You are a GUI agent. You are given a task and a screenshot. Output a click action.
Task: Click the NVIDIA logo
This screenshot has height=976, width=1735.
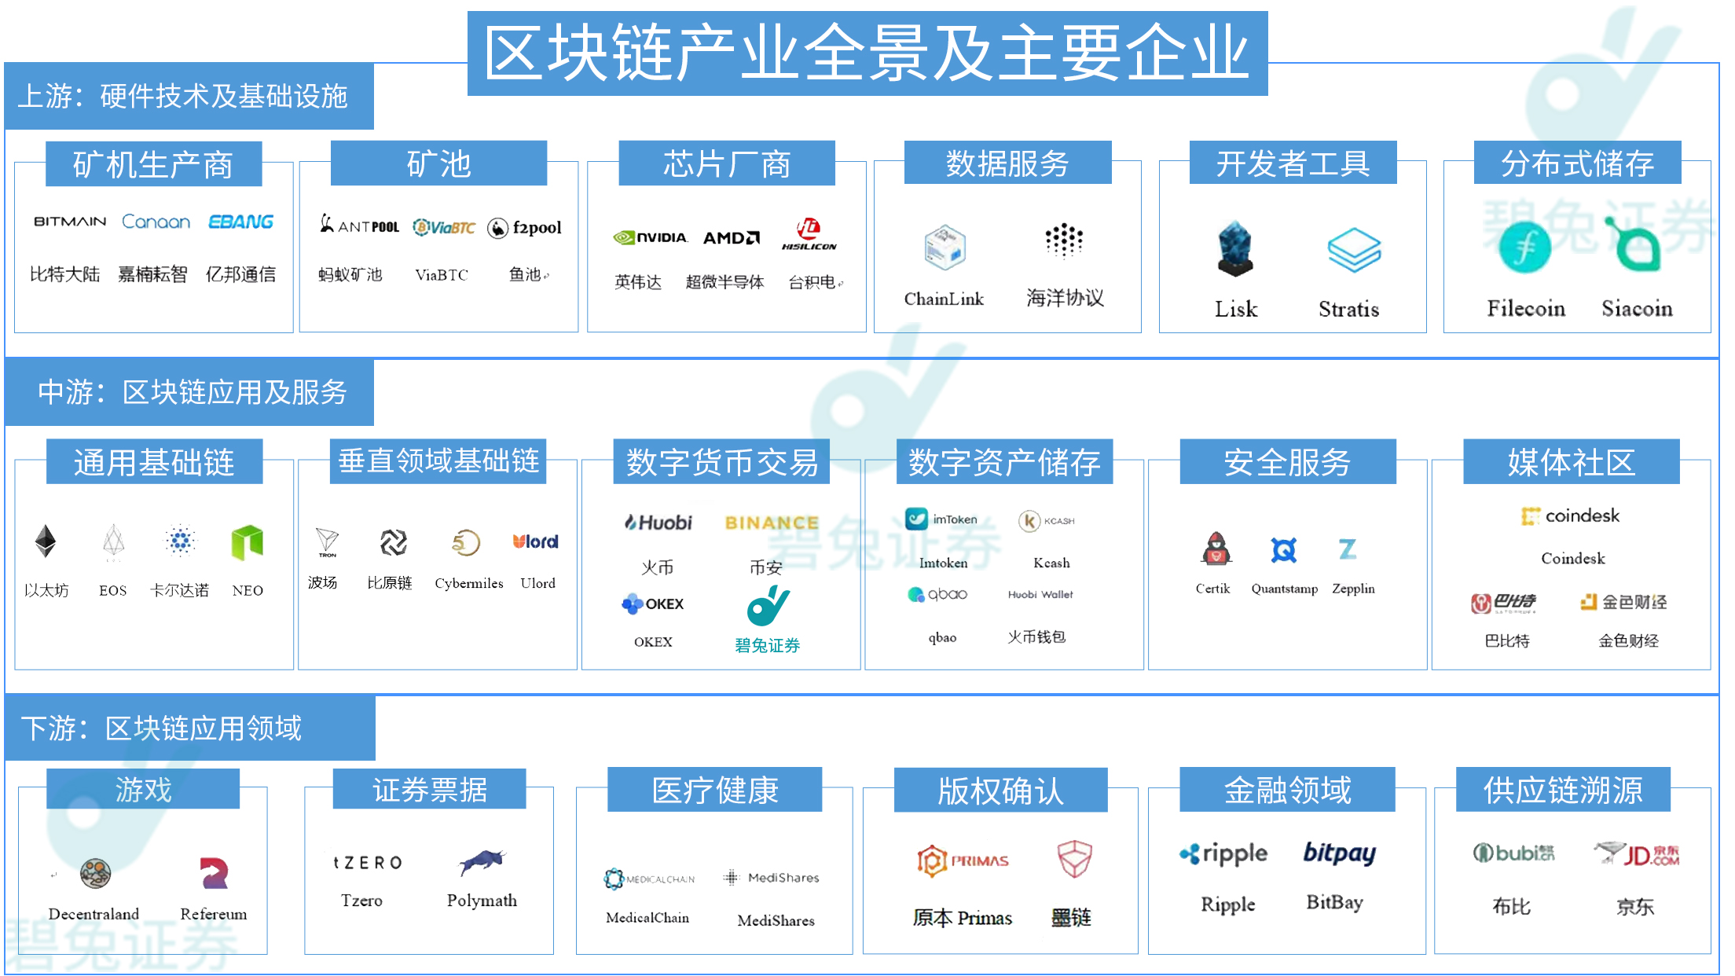[x=650, y=237]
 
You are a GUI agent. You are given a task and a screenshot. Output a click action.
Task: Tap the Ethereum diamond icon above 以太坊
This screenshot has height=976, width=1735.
[x=46, y=541]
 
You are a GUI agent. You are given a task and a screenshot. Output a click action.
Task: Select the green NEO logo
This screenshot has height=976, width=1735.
[x=248, y=542]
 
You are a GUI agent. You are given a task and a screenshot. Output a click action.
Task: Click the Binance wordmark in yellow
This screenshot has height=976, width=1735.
[x=772, y=523]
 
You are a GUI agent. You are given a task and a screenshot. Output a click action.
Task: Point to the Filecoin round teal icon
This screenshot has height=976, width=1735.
[x=1524, y=248]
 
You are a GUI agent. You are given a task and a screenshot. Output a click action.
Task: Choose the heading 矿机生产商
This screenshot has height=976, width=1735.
[x=153, y=164]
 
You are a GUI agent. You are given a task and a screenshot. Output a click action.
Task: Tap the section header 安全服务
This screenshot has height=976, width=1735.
[x=1287, y=462]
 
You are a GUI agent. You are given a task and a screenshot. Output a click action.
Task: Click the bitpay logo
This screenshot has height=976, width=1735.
[x=1339, y=853]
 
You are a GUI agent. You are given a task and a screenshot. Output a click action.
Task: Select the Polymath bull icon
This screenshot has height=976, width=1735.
[x=482, y=862]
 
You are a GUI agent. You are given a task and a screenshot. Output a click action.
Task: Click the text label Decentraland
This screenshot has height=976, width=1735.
[x=94, y=914]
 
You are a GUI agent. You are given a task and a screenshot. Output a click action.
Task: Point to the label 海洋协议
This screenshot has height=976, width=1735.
[x=1065, y=298]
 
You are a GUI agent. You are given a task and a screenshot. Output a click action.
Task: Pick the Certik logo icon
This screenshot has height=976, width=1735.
[x=1216, y=549]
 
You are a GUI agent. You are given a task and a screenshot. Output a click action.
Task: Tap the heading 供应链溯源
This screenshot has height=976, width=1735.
[x=1562, y=790]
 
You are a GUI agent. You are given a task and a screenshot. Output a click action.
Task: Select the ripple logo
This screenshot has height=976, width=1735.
[x=1223, y=854]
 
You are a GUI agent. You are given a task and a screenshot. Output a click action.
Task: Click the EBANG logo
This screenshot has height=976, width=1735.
[x=240, y=222]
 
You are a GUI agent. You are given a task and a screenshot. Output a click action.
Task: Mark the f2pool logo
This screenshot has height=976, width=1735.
[x=524, y=228]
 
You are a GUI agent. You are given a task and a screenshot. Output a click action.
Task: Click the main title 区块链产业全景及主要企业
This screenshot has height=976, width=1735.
[x=867, y=53]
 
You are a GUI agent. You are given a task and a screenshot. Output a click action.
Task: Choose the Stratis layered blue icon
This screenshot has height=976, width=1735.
[x=1354, y=250]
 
